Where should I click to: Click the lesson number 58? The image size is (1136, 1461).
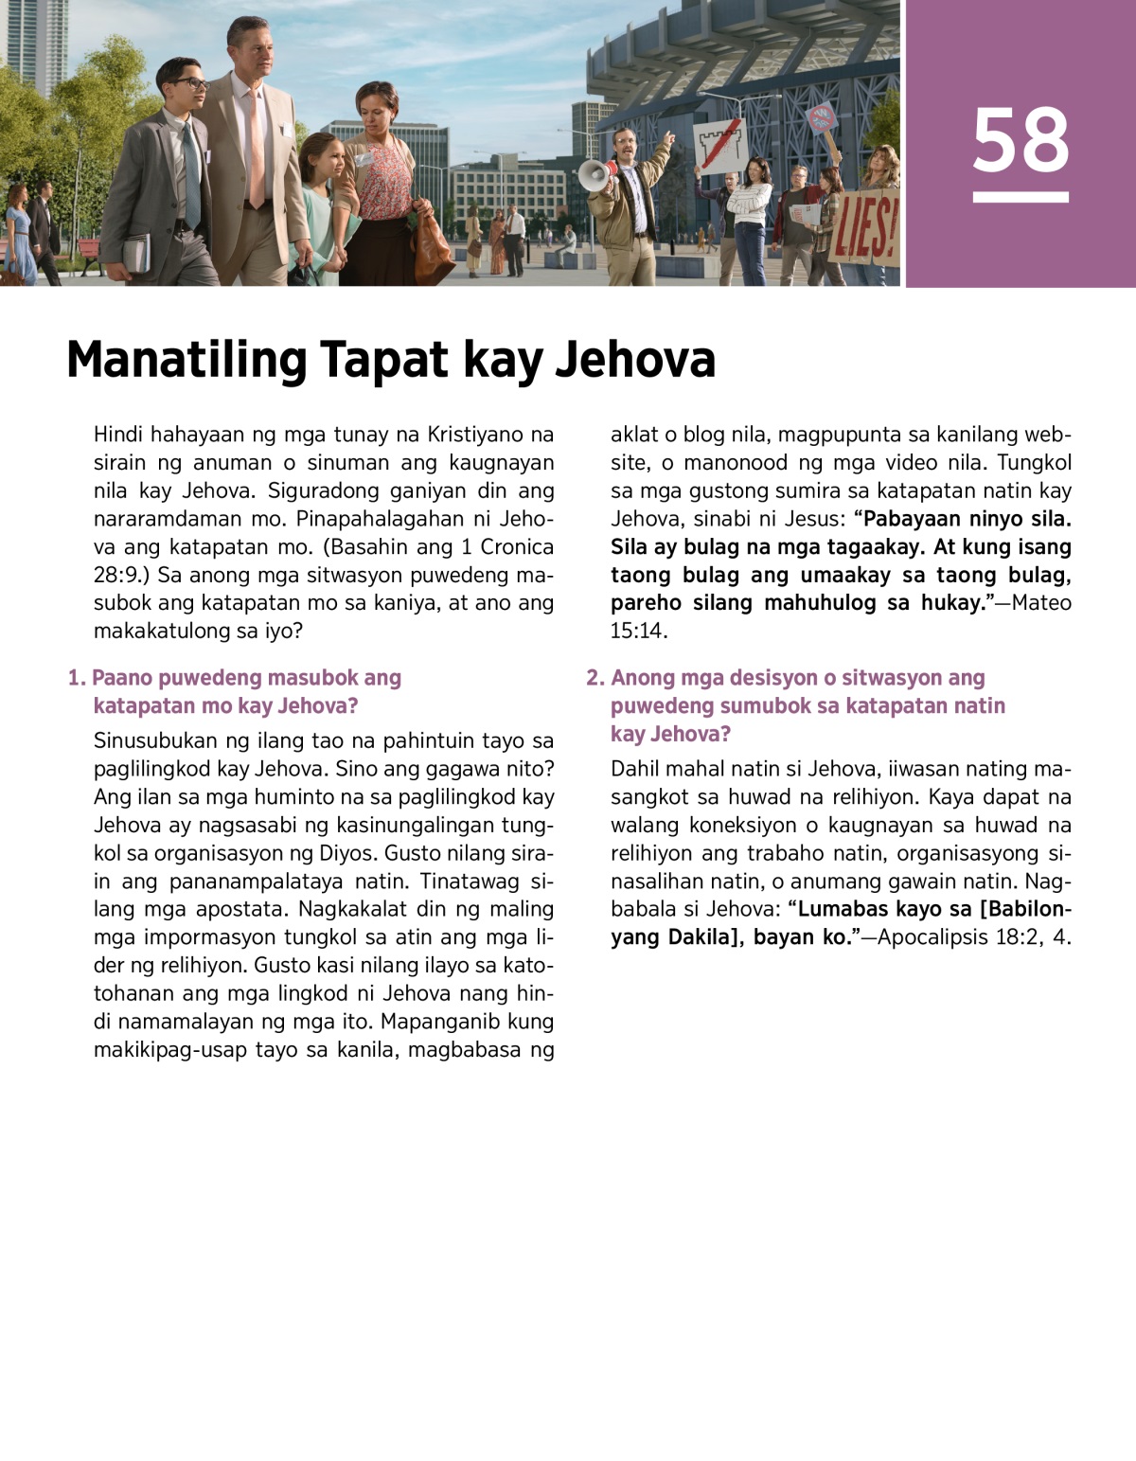pos(1021,140)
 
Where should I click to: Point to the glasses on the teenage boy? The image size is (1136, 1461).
pos(189,84)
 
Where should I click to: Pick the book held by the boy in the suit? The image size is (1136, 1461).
pos(136,252)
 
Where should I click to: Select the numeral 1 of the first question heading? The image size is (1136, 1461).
pos(75,678)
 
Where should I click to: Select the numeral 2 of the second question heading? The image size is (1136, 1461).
pos(594,678)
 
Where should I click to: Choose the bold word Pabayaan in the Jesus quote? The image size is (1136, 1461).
pos(914,519)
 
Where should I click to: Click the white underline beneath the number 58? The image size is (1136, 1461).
pos(1021,197)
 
